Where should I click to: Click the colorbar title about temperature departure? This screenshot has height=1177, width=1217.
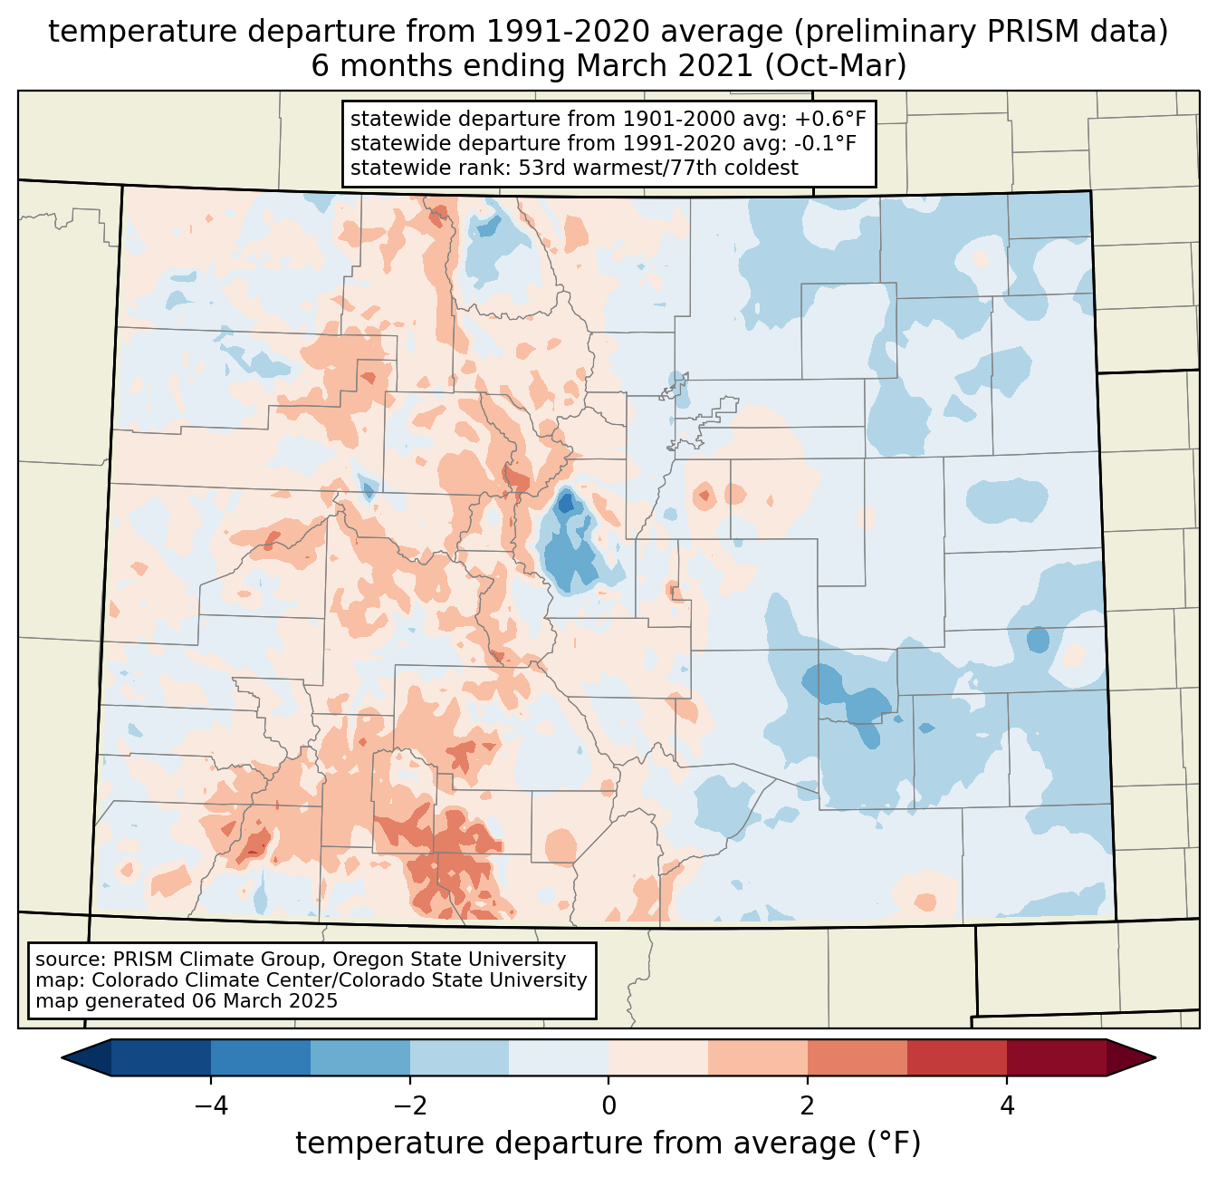[x=608, y=1143]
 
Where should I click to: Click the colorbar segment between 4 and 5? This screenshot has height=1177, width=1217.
[x=1056, y=1057]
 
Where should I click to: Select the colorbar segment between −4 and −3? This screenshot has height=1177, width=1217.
[x=261, y=1057]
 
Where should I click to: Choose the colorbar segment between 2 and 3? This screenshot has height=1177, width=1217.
[x=858, y=1057]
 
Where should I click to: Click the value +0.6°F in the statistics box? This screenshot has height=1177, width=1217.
[x=831, y=119]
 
